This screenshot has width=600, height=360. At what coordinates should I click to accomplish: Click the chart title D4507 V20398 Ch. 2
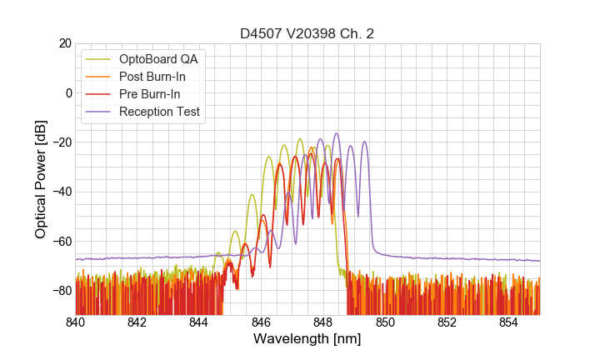pos(307,34)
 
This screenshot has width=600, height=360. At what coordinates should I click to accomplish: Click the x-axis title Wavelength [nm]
pos(307,340)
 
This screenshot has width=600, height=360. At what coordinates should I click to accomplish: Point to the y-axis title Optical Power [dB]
pos(41,179)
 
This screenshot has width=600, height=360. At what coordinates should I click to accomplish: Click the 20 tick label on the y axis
pos(63,43)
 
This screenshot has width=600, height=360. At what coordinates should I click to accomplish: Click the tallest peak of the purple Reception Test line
pos(337,133)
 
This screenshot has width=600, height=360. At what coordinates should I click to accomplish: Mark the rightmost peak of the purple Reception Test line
pos(364,142)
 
